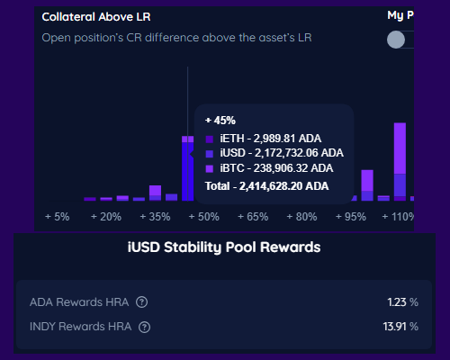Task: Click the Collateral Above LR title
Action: click(96, 16)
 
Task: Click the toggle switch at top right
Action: click(399, 40)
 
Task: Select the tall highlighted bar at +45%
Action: click(187, 169)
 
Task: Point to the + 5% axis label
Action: click(57, 217)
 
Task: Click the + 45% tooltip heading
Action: click(220, 121)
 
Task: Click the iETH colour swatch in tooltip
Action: click(210, 139)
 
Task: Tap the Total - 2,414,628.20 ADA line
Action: click(266, 185)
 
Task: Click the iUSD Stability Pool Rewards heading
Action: click(224, 247)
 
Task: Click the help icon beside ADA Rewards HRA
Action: click(141, 302)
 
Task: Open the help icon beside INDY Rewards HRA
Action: click(145, 327)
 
